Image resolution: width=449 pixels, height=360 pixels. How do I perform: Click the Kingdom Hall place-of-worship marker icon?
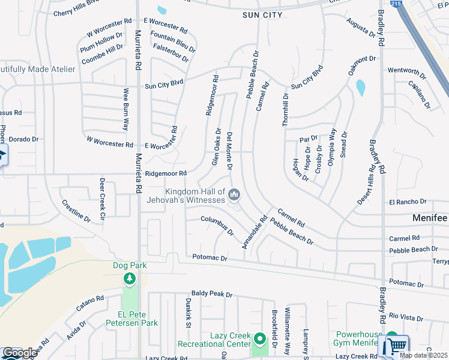point(234,194)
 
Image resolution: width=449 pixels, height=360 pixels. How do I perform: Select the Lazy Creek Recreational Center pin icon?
point(260,340)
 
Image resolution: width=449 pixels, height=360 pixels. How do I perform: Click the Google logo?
point(19,353)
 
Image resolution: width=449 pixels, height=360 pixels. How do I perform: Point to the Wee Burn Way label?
point(126,109)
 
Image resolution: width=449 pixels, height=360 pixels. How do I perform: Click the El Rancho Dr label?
point(408,202)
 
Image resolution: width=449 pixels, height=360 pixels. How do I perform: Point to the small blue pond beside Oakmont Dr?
point(360,88)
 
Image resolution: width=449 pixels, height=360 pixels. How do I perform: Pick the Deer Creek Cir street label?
point(102,199)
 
